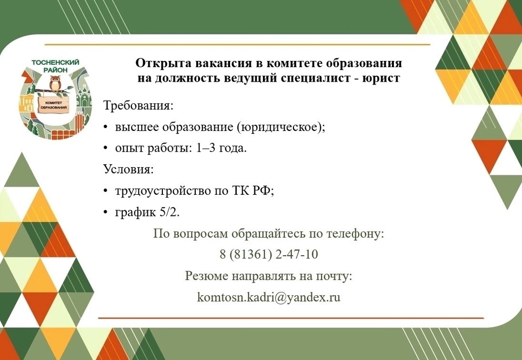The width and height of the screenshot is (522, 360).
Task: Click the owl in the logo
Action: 55,83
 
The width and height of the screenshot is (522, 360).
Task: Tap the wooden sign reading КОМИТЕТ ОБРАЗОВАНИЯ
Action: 53,105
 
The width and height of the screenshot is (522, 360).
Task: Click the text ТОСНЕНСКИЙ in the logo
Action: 56,62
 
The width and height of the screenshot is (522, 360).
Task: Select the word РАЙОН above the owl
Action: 56,70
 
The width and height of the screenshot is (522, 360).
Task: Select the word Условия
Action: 129,169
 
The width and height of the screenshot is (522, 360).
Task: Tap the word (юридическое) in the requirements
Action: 281,127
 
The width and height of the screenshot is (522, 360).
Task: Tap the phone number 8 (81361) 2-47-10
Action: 269,255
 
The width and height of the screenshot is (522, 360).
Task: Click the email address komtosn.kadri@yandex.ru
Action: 269,297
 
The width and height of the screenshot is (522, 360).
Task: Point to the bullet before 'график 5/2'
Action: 105,212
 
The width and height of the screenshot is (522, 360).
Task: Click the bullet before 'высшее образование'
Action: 105,127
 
